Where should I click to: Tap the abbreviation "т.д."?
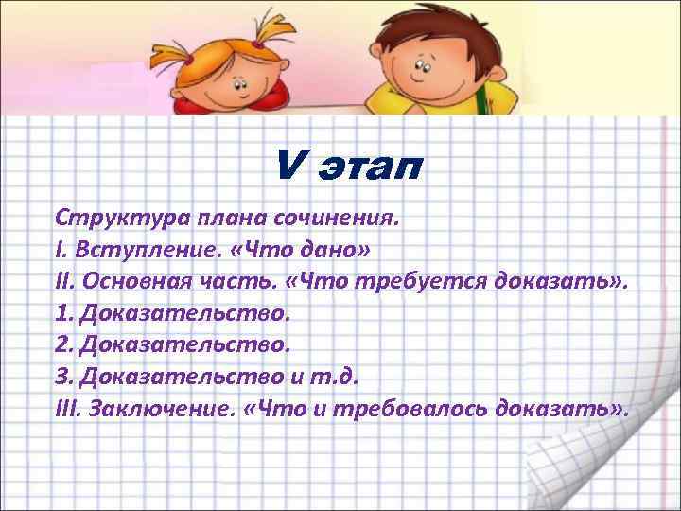[332, 378]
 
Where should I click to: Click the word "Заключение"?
[162, 410]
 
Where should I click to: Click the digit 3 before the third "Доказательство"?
[63, 378]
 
